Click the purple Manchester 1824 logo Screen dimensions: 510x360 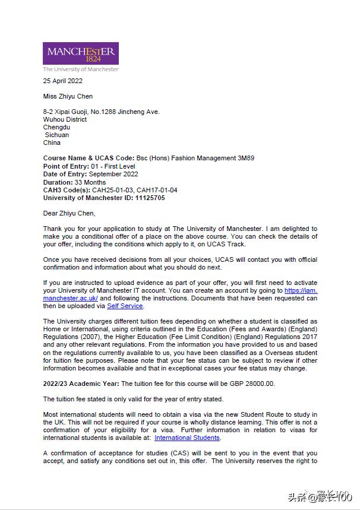[80, 53]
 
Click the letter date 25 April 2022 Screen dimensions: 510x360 [63, 81]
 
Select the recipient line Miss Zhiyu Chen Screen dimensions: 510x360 [68, 96]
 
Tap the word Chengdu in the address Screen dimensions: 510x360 [56, 127]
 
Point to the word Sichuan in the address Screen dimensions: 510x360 [57, 135]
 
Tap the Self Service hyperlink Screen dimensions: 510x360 [125, 306]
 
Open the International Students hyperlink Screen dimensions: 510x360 [187, 438]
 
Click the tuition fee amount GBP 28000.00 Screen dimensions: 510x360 [250, 384]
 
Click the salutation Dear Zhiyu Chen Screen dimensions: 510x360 [69, 213]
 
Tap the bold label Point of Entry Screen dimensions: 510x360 [65, 166]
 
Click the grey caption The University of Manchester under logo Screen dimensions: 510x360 [81, 69]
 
